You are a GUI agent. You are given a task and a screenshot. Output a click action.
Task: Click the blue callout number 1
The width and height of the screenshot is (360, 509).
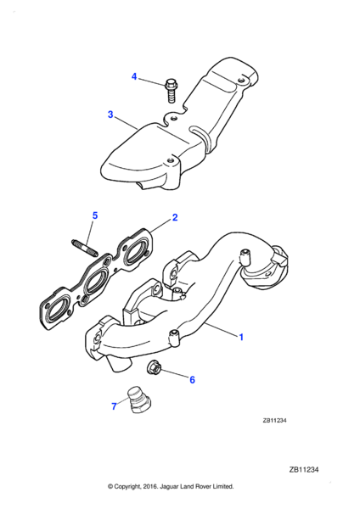[241, 338]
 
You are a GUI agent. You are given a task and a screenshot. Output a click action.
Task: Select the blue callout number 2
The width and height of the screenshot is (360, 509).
[175, 217]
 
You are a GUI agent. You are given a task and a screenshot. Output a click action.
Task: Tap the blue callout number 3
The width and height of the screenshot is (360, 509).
[110, 115]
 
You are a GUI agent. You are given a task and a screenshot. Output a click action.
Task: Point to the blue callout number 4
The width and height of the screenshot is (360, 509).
[134, 77]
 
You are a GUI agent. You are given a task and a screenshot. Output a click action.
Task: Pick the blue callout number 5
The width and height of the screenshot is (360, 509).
[95, 215]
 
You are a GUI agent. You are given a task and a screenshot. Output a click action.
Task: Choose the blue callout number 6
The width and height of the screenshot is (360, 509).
[193, 379]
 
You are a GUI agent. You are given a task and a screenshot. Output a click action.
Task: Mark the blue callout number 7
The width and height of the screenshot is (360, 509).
[114, 406]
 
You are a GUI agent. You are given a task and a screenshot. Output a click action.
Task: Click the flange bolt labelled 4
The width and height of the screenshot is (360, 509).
[171, 91]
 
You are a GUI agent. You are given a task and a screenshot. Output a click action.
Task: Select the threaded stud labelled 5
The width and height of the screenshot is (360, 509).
[84, 249]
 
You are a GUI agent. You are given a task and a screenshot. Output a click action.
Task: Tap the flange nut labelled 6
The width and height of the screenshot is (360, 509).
[152, 367]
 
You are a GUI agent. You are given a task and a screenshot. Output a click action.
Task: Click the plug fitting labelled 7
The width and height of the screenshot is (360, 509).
[140, 400]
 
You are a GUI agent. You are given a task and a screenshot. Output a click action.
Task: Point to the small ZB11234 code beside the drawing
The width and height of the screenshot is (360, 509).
[274, 421]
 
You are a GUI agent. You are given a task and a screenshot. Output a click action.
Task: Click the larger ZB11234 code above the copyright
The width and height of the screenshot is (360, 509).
[304, 470]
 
